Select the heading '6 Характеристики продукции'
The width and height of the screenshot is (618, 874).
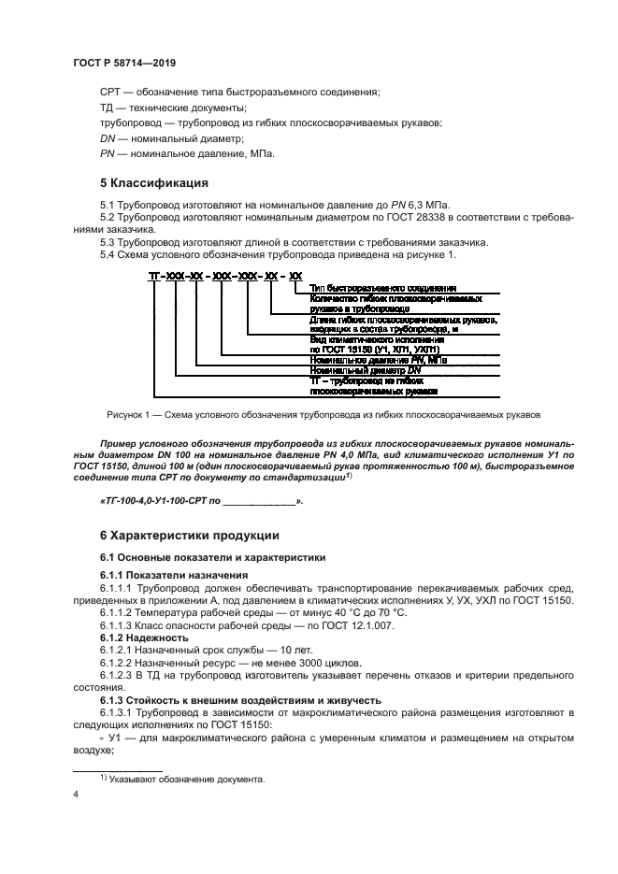click(x=189, y=536)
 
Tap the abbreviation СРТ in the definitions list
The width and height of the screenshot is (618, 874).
click(x=110, y=92)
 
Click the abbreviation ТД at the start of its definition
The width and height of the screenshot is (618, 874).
click(x=108, y=107)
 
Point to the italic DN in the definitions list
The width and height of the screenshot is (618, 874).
click(x=107, y=138)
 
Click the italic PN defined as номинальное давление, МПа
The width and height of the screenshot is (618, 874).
click(x=107, y=153)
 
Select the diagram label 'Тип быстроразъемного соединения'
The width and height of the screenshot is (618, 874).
click(x=381, y=289)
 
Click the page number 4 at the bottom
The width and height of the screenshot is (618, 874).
click(x=76, y=794)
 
